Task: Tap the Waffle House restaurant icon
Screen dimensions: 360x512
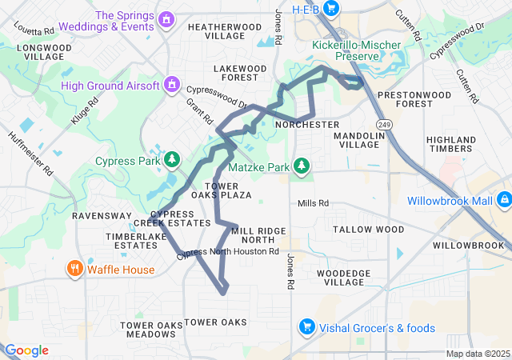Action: tap(74, 269)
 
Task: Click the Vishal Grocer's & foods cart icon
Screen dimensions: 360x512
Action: tap(306, 327)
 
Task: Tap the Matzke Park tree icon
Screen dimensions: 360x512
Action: tap(302, 166)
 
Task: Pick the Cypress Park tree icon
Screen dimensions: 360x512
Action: tap(171, 160)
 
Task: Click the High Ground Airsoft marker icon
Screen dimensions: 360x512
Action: tap(171, 84)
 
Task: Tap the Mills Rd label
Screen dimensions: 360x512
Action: tap(314, 203)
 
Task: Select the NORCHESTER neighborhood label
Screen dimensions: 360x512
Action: tap(306, 126)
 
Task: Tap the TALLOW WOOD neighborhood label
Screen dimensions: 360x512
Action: tap(368, 230)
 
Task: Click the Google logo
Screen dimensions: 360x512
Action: tap(26, 350)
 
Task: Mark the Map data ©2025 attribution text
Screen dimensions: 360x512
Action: tap(477, 354)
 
